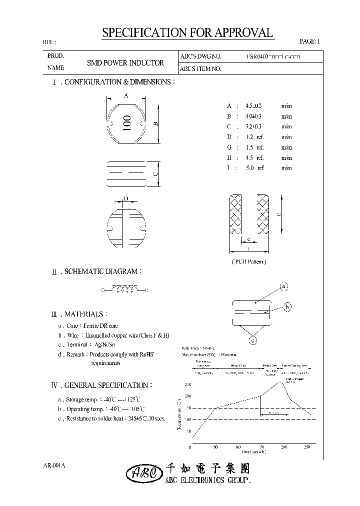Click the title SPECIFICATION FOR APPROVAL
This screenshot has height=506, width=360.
click(187, 33)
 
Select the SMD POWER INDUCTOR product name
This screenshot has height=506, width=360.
click(125, 63)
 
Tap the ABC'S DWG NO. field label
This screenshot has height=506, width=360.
click(200, 57)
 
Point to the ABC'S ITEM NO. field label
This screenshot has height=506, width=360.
click(200, 69)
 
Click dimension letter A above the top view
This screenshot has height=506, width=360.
click(126, 95)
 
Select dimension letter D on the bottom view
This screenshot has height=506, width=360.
click(126, 199)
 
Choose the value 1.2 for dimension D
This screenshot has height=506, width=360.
click(248, 137)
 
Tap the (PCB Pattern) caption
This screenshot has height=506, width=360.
click(249, 261)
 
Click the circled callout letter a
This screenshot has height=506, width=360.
click(283, 286)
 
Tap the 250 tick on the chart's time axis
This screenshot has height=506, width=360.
click(307, 446)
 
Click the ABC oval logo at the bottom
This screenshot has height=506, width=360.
click(143, 472)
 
